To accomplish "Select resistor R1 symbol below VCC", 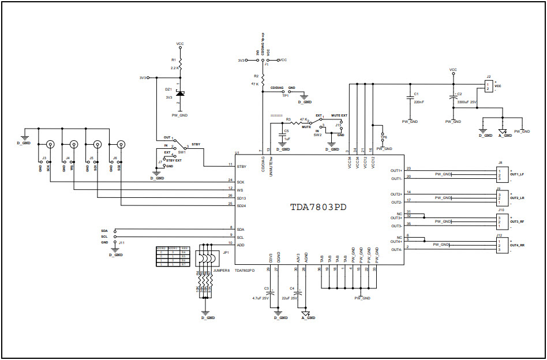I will click(x=181, y=62).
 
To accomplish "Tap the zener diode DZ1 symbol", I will click(x=181, y=93).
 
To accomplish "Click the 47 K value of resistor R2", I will click(x=254, y=84).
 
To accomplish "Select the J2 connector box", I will click(x=488, y=87).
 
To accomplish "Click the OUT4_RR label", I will click(x=517, y=245).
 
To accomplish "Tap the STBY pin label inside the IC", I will click(x=241, y=166).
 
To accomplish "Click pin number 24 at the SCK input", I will click(x=230, y=181).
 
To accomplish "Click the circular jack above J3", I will click(x=50, y=145).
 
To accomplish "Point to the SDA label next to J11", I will click(x=104, y=230).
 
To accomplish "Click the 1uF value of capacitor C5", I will click(x=287, y=139).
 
